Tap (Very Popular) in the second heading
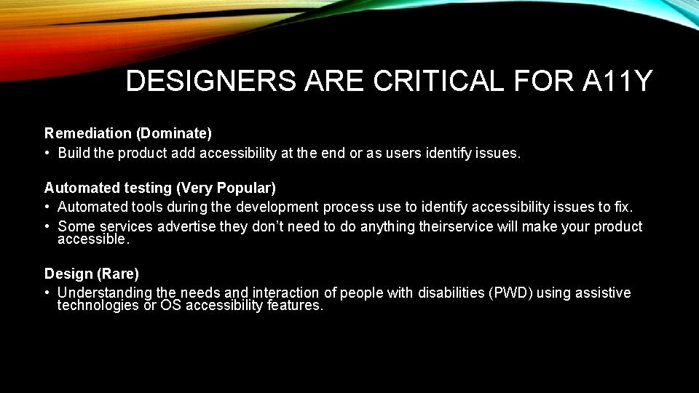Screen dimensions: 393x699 click(226, 188)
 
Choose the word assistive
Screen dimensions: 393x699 click(603, 293)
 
